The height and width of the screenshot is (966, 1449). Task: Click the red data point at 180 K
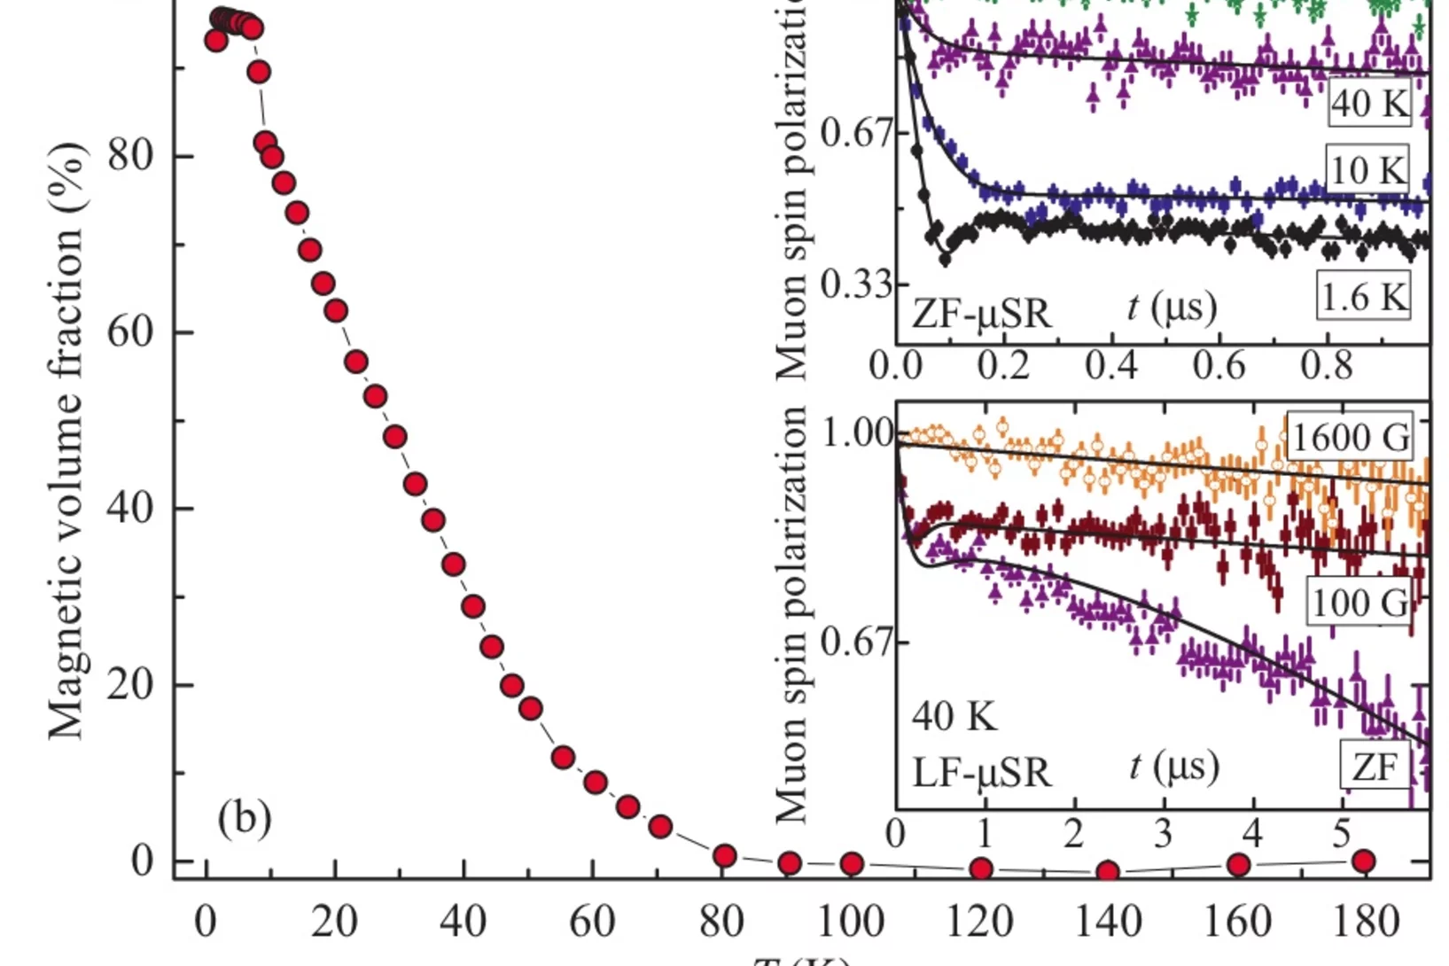pyautogui.click(x=1364, y=861)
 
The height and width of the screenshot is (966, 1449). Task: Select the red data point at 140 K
pyautogui.click(x=1107, y=872)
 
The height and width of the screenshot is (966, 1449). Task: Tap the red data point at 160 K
pyautogui.click(x=1238, y=864)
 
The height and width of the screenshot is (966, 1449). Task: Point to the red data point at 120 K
pyautogui.click(x=980, y=869)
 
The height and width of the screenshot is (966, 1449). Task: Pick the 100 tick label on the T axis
pyautogui.click(x=851, y=922)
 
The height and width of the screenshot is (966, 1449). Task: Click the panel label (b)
pyautogui.click(x=244, y=818)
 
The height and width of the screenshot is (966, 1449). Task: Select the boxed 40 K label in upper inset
pyautogui.click(x=1369, y=103)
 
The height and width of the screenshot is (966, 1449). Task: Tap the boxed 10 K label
pyautogui.click(x=1367, y=168)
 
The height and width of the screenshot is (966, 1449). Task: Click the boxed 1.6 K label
pyautogui.click(x=1363, y=297)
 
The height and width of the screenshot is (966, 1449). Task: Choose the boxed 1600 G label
pyautogui.click(x=1350, y=436)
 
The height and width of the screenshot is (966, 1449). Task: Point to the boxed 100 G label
pyautogui.click(x=1358, y=603)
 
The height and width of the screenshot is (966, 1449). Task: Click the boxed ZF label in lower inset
pyautogui.click(x=1374, y=767)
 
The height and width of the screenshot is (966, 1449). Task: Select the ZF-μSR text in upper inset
pyautogui.click(x=981, y=313)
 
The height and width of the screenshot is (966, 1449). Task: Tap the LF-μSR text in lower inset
pyautogui.click(x=981, y=772)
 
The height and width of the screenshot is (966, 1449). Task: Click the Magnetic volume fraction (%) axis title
pyautogui.click(x=66, y=440)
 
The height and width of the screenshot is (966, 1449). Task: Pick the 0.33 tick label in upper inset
pyautogui.click(x=854, y=285)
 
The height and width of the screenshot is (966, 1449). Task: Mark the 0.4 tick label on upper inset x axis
pyautogui.click(x=1111, y=364)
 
